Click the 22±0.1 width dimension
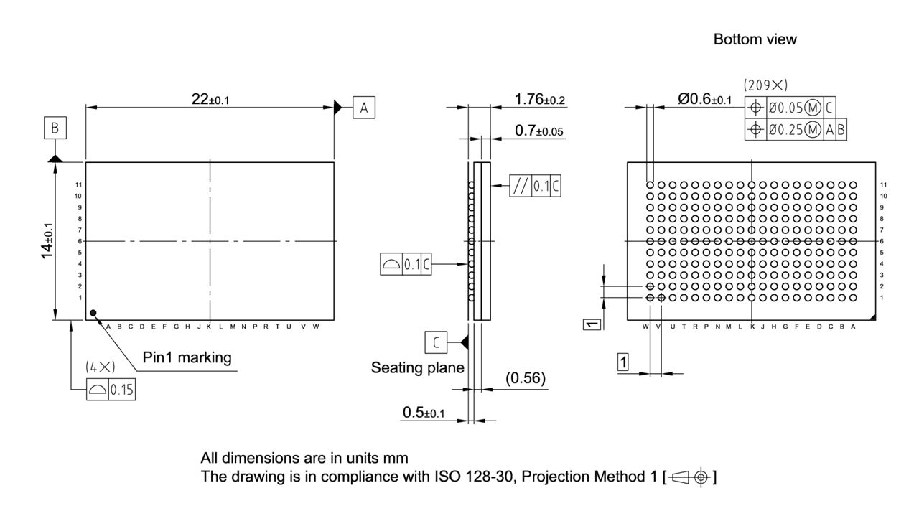(x=210, y=100)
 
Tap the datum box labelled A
(x=364, y=108)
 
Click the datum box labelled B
(x=55, y=128)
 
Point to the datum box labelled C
(x=436, y=344)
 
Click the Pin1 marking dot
(x=93, y=313)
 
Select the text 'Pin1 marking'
(x=187, y=357)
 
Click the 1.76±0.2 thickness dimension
(x=541, y=99)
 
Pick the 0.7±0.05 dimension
(x=538, y=131)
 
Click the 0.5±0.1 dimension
(x=424, y=413)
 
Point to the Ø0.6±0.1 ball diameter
(x=704, y=99)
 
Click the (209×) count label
(x=765, y=85)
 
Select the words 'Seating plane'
(x=417, y=367)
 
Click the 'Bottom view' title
(x=755, y=39)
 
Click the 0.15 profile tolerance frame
(x=111, y=390)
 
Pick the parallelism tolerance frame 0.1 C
(x=535, y=186)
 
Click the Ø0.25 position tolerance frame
(x=796, y=130)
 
